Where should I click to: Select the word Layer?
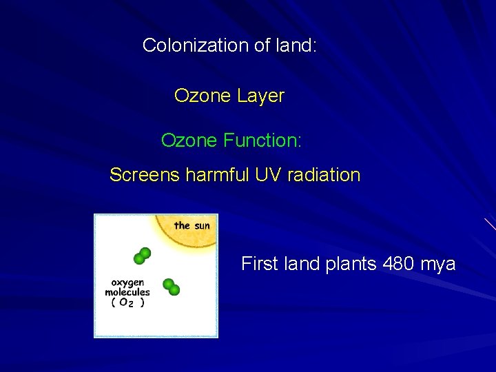[x=260, y=96]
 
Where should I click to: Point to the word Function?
[x=262, y=141]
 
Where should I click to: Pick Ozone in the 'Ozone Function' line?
[x=189, y=141]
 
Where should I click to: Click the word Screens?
[x=145, y=175]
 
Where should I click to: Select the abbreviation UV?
[x=268, y=175]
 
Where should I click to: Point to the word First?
[x=260, y=264]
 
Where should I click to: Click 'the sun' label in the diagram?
[x=192, y=225]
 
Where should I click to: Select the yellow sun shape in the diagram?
[x=186, y=238]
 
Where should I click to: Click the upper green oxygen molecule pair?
[x=143, y=256]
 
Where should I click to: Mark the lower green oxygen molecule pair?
[x=171, y=287]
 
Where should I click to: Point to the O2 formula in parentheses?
[x=125, y=302]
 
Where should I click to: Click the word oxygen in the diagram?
[x=127, y=282]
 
